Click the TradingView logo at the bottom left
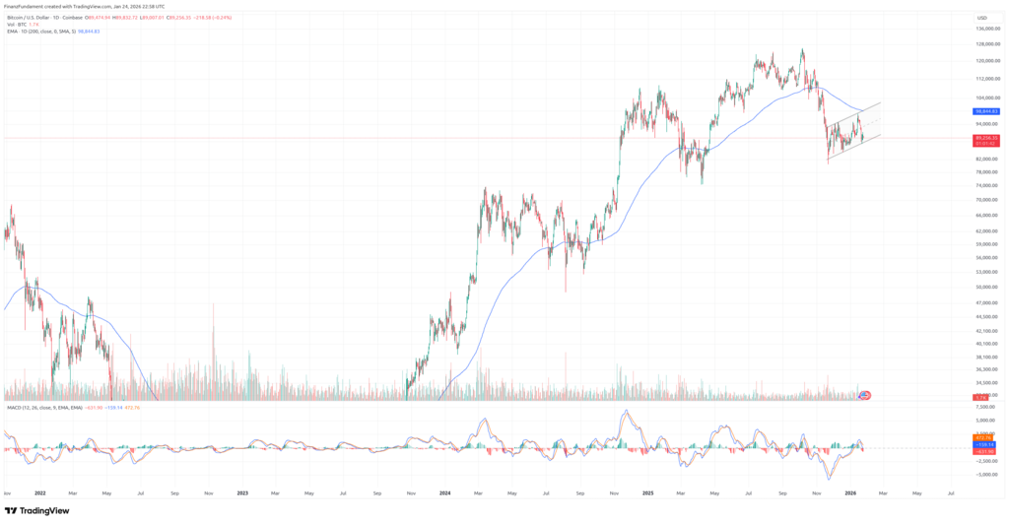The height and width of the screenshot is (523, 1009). point(36,510)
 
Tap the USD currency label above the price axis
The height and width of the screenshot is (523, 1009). point(981,18)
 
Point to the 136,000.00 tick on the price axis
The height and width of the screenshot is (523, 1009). point(986,29)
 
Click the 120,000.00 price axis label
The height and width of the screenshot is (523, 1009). point(986,61)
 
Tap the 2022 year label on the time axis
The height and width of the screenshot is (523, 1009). point(40,491)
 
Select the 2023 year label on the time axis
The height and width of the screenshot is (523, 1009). point(242,491)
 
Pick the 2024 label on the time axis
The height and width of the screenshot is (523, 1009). point(445,491)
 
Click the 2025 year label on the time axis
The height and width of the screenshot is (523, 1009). point(647,491)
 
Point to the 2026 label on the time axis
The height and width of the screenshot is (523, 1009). point(850,491)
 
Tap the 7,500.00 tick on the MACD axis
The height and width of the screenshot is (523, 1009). point(985,406)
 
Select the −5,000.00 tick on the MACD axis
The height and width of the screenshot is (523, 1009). point(984,474)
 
